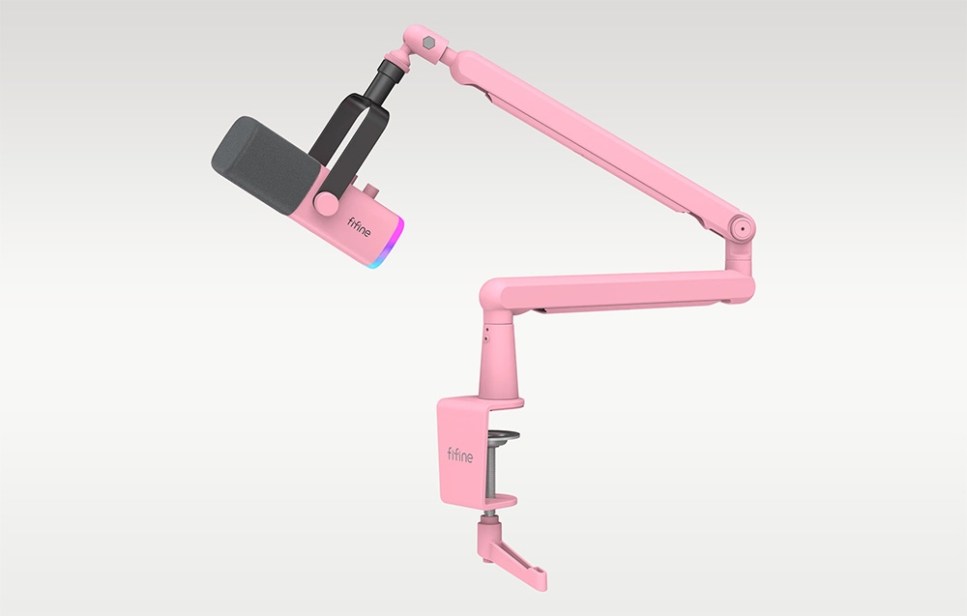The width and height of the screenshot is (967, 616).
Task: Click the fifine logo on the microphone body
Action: [x=359, y=227]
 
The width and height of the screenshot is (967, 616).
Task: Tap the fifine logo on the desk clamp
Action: [x=460, y=455]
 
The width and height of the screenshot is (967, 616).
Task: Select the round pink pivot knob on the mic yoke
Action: [x=326, y=203]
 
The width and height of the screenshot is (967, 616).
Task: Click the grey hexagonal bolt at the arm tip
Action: [x=429, y=44]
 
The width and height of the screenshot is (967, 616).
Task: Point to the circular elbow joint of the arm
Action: [x=742, y=228]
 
